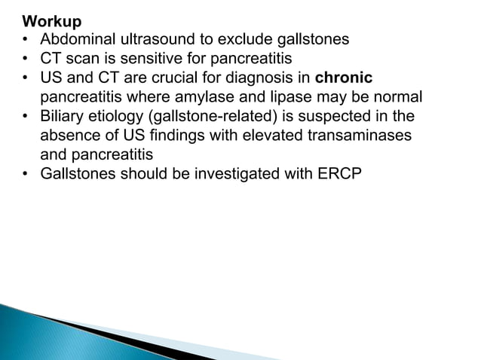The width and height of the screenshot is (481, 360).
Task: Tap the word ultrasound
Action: coord(158,39)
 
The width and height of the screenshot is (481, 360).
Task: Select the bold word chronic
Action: coord(345,78)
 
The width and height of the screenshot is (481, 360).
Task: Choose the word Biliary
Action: coord(64,116)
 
